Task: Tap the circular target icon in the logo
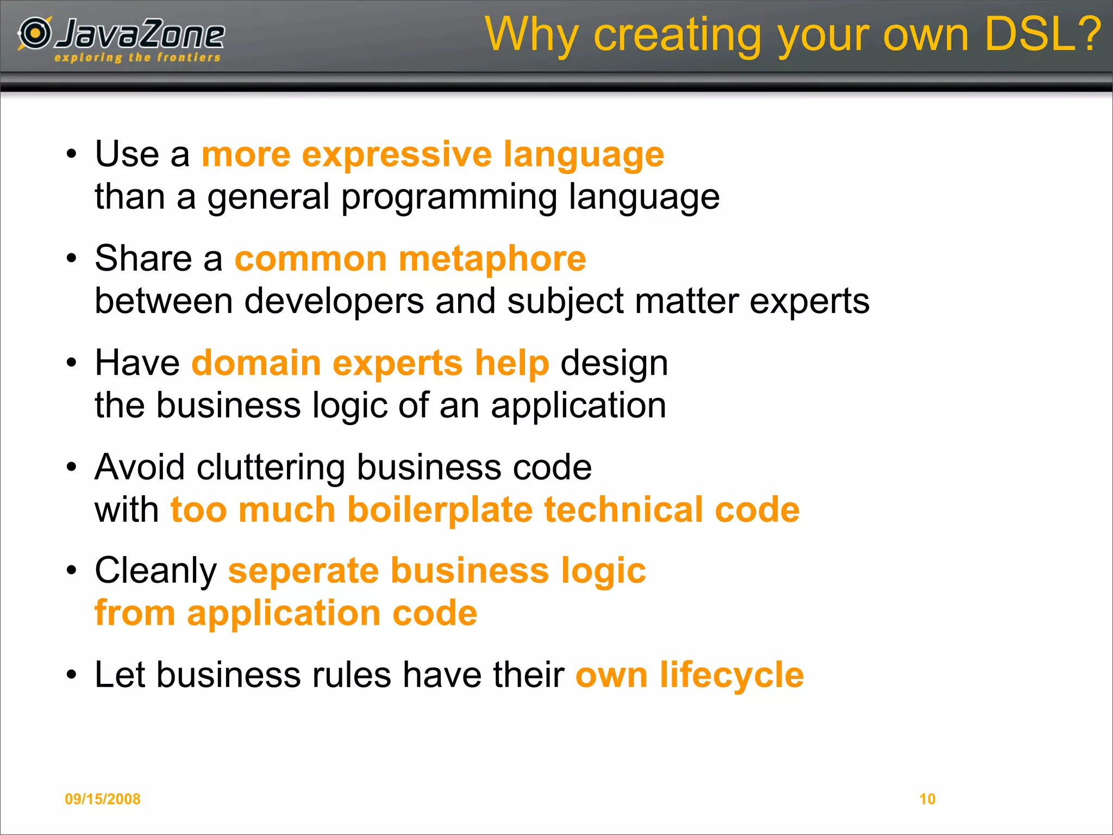click(x=35, y=33)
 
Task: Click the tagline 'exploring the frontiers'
click(x=137, y=58)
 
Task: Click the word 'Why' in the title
click(x=532, y=35)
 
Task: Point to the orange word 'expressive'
click(x=397, y=154)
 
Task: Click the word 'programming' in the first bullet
click(x=449, y=197)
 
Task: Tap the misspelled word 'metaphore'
click(x=492, y=259)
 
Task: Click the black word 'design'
click(x=614, y=364)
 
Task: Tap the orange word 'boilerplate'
click(x=440, y=510)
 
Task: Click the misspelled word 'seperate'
click(x=303, y=571)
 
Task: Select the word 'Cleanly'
click(x=156, y=571)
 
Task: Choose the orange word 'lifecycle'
click(x=731, y=675)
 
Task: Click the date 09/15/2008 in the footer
click(x=103, y=799)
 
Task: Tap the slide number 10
click(x=927, y=799)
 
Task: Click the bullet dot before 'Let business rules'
click(x=72, y=675)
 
